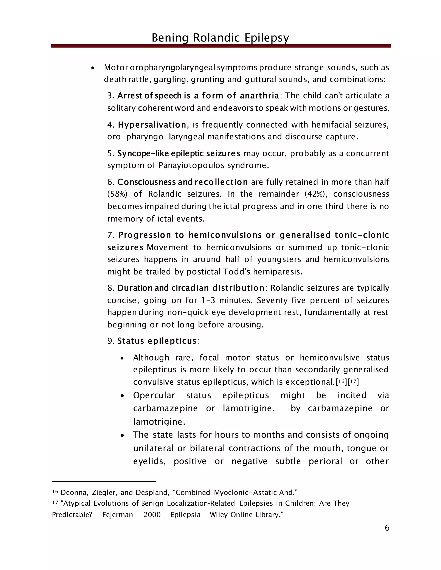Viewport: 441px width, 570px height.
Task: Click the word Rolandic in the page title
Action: [216, 38]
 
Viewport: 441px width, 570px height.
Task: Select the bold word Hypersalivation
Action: [152, 125]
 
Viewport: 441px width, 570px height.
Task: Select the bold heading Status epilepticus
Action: [157, 341]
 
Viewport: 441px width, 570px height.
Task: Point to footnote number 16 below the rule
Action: [55, 492]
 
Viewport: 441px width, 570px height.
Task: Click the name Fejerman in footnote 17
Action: [117, 515]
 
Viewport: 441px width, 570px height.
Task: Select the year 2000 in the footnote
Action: [152, 515]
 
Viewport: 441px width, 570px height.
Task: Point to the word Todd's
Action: [236, 272]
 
